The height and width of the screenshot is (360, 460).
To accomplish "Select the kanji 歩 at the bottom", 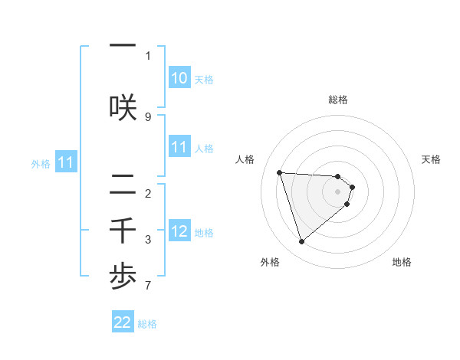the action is pyautogui.click(x=123, y=276).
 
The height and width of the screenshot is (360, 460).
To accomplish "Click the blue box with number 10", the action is pyautogui.click(x=179, y=79).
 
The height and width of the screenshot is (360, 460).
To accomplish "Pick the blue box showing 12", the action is pyautogui.click(x=179, y=232).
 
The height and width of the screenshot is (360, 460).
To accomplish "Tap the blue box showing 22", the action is pyautogui.click(x=123, y=323).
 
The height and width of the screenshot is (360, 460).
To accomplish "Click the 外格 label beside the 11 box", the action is pyautogui.click(x=41, y=163).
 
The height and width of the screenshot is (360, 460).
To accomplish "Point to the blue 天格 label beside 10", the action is pyautogui.click(x=204, y=80).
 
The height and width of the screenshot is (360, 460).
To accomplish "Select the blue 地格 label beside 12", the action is pyautogui.click(x=204, y=233).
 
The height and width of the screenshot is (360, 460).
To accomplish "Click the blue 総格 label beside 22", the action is pyautogui.click(x=147, y=324).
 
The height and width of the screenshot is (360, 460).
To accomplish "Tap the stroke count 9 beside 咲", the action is pyautogui.click(x=148, y=116).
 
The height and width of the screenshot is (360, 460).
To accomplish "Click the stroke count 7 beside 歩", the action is pyautogui.click(x=148, y=286).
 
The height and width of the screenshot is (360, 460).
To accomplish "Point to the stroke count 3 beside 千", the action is pyautogui.click(x=148, y=240).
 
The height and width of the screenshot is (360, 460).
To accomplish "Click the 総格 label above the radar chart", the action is pyautogui.click(x=337, y=100).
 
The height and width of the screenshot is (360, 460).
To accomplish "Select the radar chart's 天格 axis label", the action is pyautogui.click(x=432, y=159).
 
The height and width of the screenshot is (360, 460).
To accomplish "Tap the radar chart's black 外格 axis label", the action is pyautogui.click(x=270, y=263).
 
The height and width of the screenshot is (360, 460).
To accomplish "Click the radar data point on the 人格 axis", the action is pyautogui.click(x=280, y=172).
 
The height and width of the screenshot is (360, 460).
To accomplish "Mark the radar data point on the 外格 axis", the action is pyautogui.click(x=301, y=242).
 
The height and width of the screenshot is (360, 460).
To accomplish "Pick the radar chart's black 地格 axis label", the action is pyautogui.click(x=402, y=263).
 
